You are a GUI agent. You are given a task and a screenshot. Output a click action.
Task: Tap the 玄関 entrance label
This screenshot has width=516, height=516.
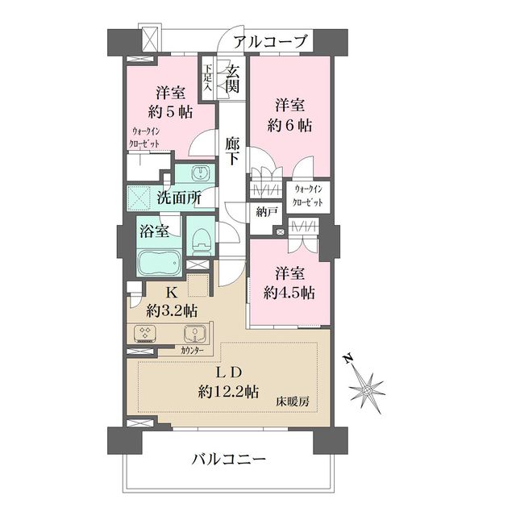click(x=231, y=78)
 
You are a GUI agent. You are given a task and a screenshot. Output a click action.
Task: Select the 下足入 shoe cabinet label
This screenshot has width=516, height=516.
click(x=208, y=79)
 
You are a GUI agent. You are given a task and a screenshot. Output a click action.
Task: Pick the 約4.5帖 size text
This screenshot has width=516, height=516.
click(x=288, y=292)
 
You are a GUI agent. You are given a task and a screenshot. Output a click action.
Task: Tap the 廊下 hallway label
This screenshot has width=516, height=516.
click(x=232, y=152)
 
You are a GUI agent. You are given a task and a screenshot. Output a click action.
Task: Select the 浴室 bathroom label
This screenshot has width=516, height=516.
click(x=153, y=232)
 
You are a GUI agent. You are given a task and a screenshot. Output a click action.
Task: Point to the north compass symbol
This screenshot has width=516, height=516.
click(x=366, y=388)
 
